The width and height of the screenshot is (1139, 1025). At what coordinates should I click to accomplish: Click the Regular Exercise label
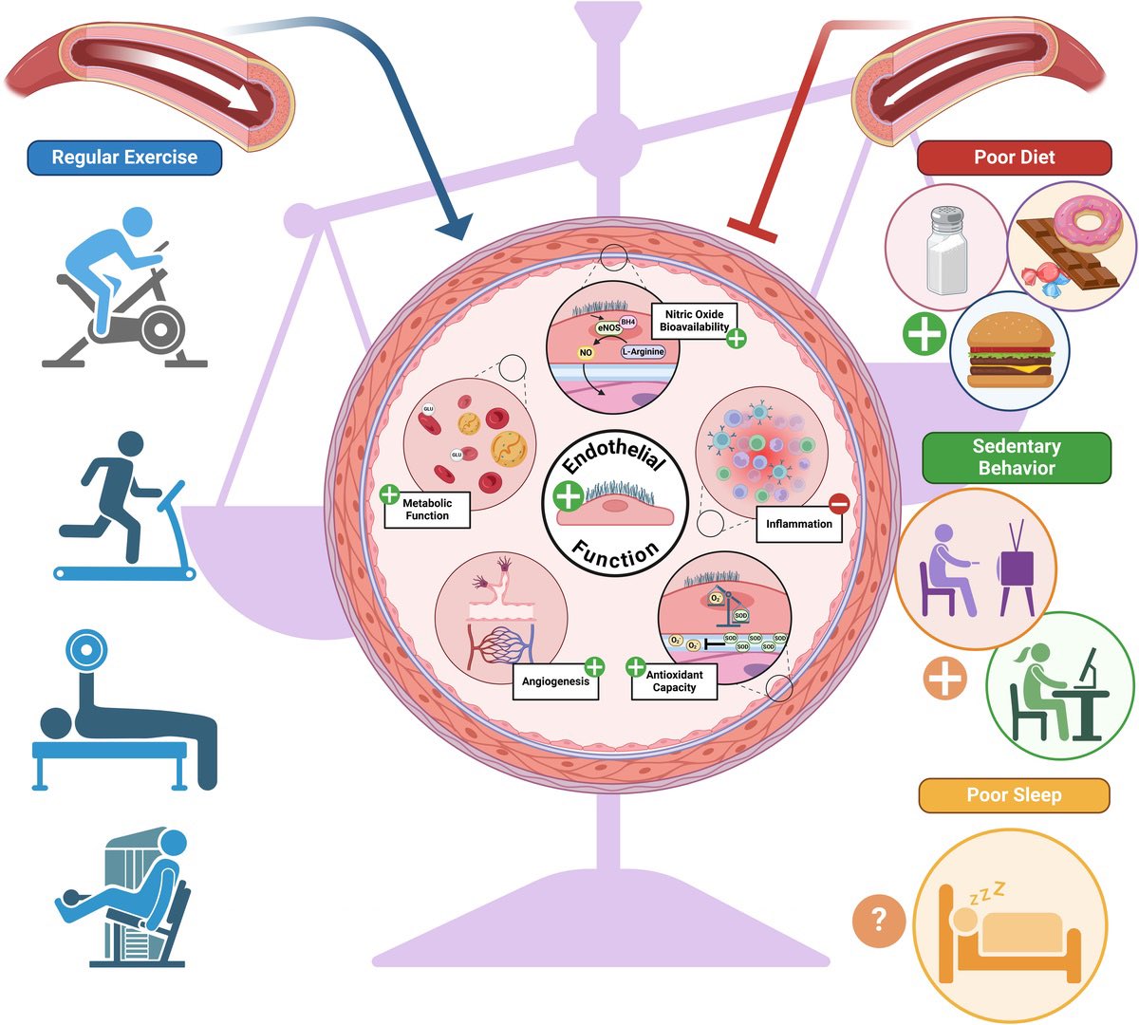(x=124, y=158)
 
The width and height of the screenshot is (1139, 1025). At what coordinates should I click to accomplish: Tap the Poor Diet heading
(x=1014, y=158)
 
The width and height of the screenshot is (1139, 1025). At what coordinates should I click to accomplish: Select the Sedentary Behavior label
(x=1016, y=457)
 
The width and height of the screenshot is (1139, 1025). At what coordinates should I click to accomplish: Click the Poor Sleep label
(x=1014, y=795)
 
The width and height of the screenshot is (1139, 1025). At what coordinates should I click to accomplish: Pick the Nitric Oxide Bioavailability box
(x=694, y=321)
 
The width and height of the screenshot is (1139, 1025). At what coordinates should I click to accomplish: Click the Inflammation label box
(x=798, y=524)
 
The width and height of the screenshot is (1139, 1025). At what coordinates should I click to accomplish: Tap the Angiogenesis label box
(x=555, y=681)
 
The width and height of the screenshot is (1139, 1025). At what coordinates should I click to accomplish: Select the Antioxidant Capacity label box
(x=675, y=681)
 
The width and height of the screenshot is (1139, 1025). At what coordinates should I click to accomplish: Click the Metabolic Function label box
(x=427, y=510)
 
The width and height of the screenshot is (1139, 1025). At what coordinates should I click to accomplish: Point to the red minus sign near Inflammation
(x=839, y=504)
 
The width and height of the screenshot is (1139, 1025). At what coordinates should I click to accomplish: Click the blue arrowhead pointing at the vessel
(x=454, y=227)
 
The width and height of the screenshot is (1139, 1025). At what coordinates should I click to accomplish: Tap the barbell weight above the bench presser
(x=82, y=653)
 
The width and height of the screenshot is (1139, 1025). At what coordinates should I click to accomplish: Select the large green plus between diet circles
(x=924, y=334)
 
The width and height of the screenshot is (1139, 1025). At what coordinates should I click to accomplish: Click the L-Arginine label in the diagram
(x=643, y=351)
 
